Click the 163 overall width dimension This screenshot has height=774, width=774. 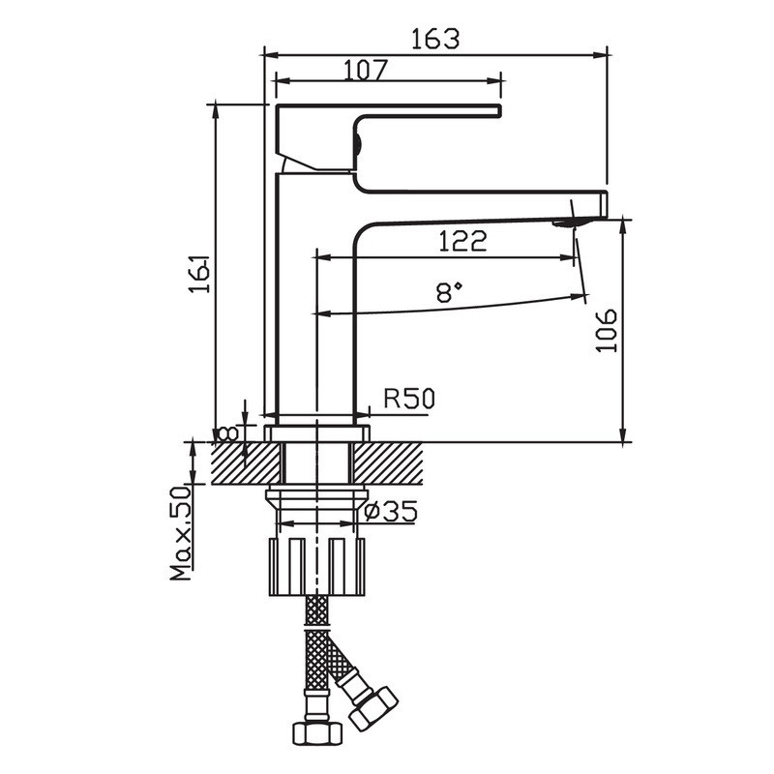[x=435, y=39]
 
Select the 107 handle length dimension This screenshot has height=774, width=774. [x=366, y=71]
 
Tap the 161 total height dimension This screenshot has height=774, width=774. [x=199, y=274]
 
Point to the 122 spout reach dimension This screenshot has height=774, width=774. [x=462, y=241]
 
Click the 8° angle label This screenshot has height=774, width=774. [x=449, y=292]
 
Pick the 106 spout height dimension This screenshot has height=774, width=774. [x=607, y=330]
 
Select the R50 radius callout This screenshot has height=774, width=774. [x=409, y=399]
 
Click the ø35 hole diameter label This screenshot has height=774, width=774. [x=391, y=511]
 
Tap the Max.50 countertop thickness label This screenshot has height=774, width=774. [x=180, y=533]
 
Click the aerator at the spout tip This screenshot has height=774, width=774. [x=570, y=223]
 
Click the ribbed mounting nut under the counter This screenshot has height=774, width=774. [x=317, y=567]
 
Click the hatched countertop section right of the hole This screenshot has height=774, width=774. [x=388, y=463]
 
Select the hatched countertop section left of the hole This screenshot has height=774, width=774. [x=247, y=463]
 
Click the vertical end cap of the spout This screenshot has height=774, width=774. [x=603, y=204]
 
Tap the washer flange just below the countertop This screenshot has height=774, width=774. [x=317, y=494]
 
